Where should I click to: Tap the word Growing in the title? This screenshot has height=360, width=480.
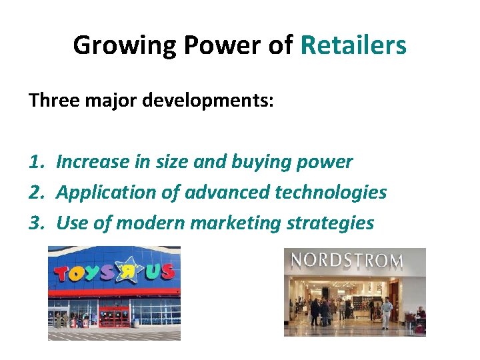click(124, 45)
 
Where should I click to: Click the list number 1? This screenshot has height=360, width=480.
click(35, 161)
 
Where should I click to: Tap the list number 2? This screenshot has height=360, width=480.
click(35, 193)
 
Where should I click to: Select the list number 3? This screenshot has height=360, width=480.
click(35, 223)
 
